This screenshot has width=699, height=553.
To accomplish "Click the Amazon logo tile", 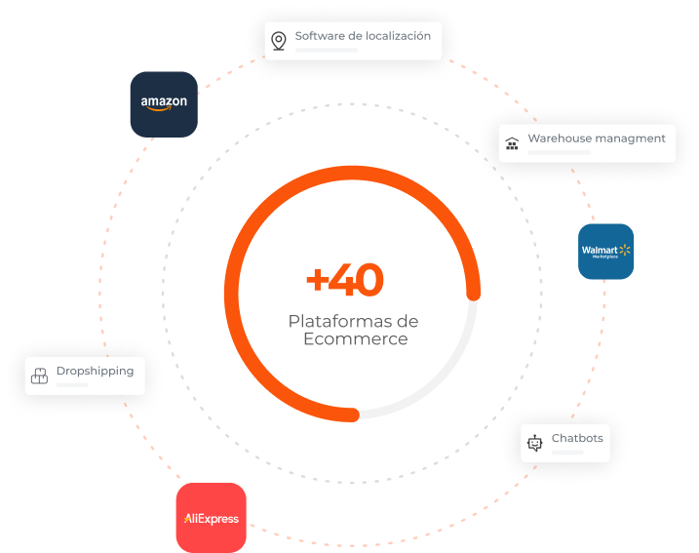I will pos(164,103).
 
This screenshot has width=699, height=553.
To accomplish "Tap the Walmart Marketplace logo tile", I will pos(605,252).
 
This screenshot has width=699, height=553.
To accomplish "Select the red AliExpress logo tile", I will pos(211,518).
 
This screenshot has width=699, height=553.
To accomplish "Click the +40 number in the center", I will pos(345,281).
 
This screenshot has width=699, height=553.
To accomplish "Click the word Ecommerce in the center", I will pos(355,339).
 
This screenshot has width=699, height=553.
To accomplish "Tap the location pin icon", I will pos(279,40).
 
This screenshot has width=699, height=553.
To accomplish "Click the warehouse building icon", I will pos(513,145).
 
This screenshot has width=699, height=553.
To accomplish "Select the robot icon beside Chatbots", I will pos(534,443).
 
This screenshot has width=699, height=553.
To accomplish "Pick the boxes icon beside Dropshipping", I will pos(40,375).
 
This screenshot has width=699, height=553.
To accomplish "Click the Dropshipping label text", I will pos(95,371).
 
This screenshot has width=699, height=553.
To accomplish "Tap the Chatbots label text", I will pos(577,438).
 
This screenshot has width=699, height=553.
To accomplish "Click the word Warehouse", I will pos(560,138).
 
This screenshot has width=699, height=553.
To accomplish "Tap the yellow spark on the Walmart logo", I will pos(624,250).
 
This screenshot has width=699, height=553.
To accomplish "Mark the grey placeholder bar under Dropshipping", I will pos(73,385).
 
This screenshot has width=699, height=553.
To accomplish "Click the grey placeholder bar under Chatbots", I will pos(566,453).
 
